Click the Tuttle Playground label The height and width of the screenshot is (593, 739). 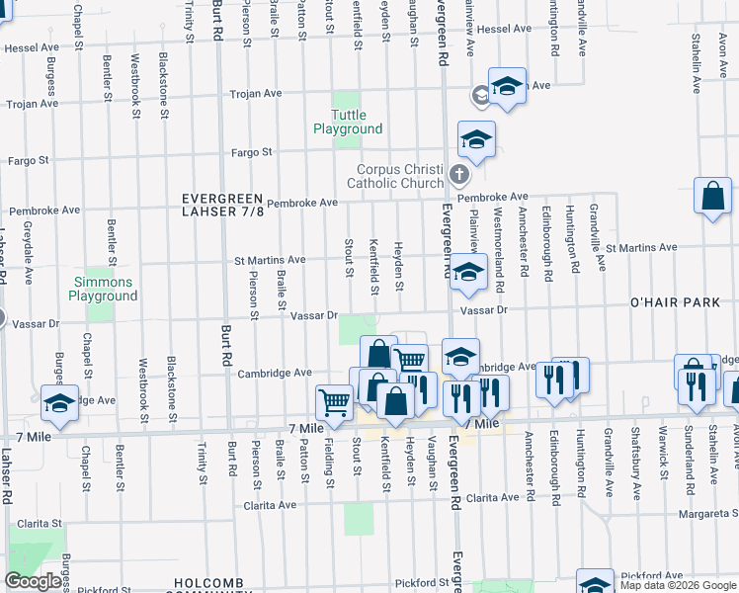pyautogui.click(x=348, y=122)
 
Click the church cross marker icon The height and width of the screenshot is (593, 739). pyautogui.click(x=457, y=175)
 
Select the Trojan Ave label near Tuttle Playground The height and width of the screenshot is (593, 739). pyautogui.click(x=256, y=94)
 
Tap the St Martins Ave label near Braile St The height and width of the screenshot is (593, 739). pyautogui.click(x=270, y=260)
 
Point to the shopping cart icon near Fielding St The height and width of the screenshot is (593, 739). pyautogui.click(x=334, y=401)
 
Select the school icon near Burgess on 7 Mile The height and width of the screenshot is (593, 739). pyautogui.click(x=58, y=404)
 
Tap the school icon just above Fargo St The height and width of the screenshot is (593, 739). pyautogui.click(x=475, y=141)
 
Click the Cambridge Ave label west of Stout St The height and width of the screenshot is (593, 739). pyautogui.click(x=275, y=373)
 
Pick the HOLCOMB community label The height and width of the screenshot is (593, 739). pyautogui.click(x=206, y=584)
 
